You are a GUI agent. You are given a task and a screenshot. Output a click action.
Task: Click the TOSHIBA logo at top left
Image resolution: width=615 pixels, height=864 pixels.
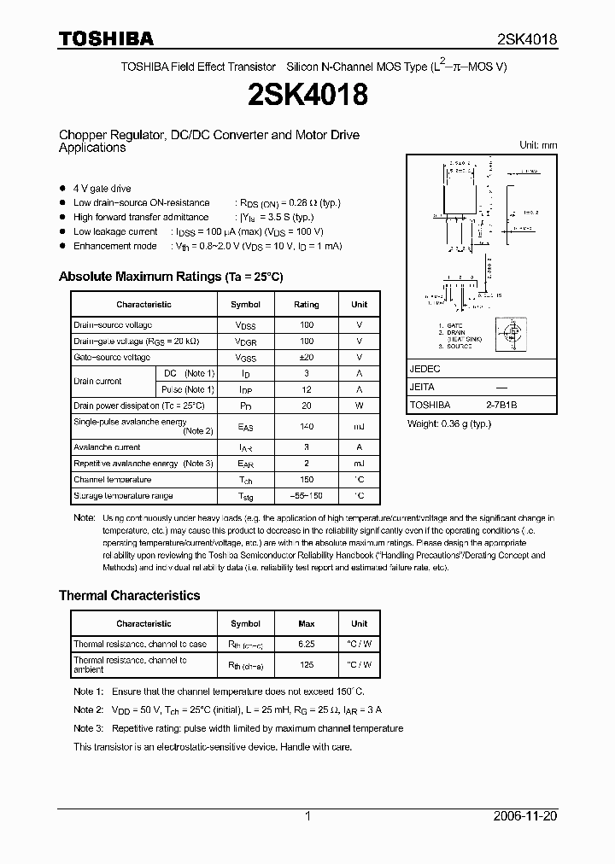tap(106, 38)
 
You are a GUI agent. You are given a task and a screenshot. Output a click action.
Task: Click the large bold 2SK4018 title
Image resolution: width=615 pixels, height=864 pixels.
tap(307, 95)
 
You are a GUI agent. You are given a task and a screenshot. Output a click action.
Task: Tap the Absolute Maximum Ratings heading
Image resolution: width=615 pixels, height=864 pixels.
tap(170, 277)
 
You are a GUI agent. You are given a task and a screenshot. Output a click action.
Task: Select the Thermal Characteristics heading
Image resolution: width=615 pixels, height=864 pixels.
tap(129, 595)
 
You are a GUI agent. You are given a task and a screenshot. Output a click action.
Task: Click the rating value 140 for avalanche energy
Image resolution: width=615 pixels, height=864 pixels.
tap(306, 426)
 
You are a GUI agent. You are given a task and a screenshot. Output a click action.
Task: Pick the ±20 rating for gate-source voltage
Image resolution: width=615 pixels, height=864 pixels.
tap(306, 358)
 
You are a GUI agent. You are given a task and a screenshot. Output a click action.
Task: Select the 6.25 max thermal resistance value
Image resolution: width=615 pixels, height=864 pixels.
tap(306, 644)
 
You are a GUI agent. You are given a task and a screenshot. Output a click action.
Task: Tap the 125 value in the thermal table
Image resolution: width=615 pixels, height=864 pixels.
tap(306, 664)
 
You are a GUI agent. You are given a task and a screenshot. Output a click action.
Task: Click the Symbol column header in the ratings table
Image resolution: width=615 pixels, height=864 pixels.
tap(246, 304)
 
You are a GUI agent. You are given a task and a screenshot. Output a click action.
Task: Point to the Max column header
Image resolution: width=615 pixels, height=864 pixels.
tap(306, 623)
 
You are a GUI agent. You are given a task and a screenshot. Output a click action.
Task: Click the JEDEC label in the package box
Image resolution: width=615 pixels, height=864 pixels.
tap(425, 370)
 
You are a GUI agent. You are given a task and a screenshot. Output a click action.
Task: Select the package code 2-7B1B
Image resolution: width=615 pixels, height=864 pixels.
tap(501, 406)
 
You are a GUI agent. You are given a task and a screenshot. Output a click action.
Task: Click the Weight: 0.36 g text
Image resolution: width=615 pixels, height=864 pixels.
tap(448, 424)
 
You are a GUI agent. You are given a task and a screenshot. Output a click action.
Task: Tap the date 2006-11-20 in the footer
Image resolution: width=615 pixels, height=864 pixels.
tap(525, 816)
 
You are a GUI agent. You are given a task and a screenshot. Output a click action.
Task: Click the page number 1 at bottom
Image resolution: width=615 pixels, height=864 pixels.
tap(307, 816)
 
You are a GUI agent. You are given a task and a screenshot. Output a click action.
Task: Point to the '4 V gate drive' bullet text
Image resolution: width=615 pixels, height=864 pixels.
tap(102, 188)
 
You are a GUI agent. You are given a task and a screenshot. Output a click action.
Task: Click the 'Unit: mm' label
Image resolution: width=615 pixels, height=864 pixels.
tap(538, 145)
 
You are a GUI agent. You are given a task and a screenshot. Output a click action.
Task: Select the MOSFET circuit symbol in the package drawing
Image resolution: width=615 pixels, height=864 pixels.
tap(511, 334)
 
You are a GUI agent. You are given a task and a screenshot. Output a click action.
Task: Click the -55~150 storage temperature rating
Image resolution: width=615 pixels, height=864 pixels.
tap(306, 496)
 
